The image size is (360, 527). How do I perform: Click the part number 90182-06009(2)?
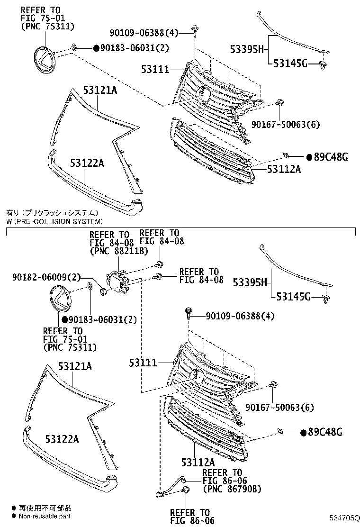(x=47, y=277)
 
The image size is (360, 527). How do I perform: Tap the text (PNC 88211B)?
(x=118, y=251)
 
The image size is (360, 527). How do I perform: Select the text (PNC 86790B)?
(x=232, y=489)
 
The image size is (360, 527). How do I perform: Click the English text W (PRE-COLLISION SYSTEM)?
(x=54, y=221)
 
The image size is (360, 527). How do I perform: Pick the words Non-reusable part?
(x=45, y=516)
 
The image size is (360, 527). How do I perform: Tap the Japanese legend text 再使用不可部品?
(x=45, y=508)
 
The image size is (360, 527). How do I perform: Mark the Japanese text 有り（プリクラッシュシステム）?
(x=53, y=213)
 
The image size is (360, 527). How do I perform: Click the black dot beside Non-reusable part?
(x=14, y=516)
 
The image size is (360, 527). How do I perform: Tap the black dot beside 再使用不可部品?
(x=14, y=508)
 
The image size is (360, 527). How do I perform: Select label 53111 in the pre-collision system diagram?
(x=143, y=363)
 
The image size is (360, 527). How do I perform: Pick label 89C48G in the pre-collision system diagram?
(x=325, y=432)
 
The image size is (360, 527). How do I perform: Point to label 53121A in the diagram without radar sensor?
(x=100, y=90)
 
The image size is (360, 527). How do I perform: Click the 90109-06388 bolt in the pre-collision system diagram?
(x=189, y=313)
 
